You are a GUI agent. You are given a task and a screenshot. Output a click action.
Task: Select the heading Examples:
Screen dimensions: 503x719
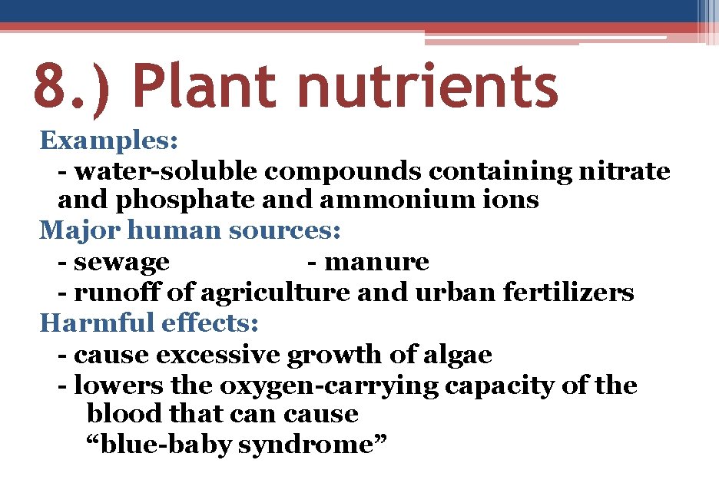tap(110, 141)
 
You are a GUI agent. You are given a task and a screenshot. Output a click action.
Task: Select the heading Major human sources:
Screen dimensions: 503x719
tap(191, 230)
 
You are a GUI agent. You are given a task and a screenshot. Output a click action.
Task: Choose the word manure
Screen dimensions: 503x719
tap(377, 263)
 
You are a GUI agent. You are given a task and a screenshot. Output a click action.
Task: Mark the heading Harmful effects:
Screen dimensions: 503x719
tap(149, 323)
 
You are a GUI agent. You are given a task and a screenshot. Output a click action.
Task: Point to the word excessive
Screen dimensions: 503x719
tap(219, 355)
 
